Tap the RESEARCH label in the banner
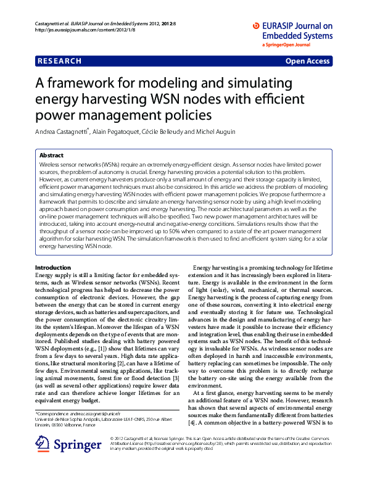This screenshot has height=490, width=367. [59, 61]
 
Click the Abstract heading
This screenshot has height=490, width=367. [51, 156]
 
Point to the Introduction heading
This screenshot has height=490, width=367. [53, 267]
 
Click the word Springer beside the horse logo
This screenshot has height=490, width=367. [77, 444]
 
